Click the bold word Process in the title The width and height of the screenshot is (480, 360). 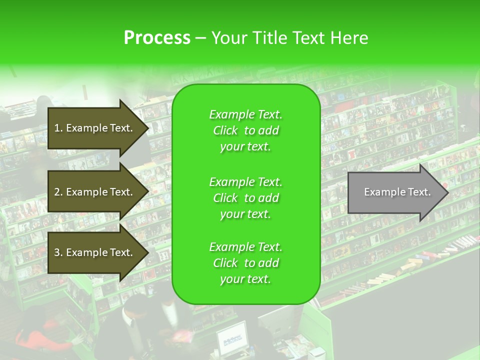click(x=157, y=38)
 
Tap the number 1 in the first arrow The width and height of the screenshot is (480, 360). click(x=57, y=128)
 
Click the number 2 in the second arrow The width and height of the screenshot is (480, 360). click(x=57, y=192)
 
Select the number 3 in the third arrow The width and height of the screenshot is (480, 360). click(x=57, y=252)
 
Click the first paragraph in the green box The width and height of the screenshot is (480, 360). click(x=245, y=130)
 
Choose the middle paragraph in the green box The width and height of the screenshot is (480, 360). click(x=245, y=198)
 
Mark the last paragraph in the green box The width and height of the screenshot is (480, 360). click(x=245, y=263)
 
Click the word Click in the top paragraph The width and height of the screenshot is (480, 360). click(x=225, y=130)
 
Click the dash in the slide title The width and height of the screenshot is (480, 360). click(x=200, y=38)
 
